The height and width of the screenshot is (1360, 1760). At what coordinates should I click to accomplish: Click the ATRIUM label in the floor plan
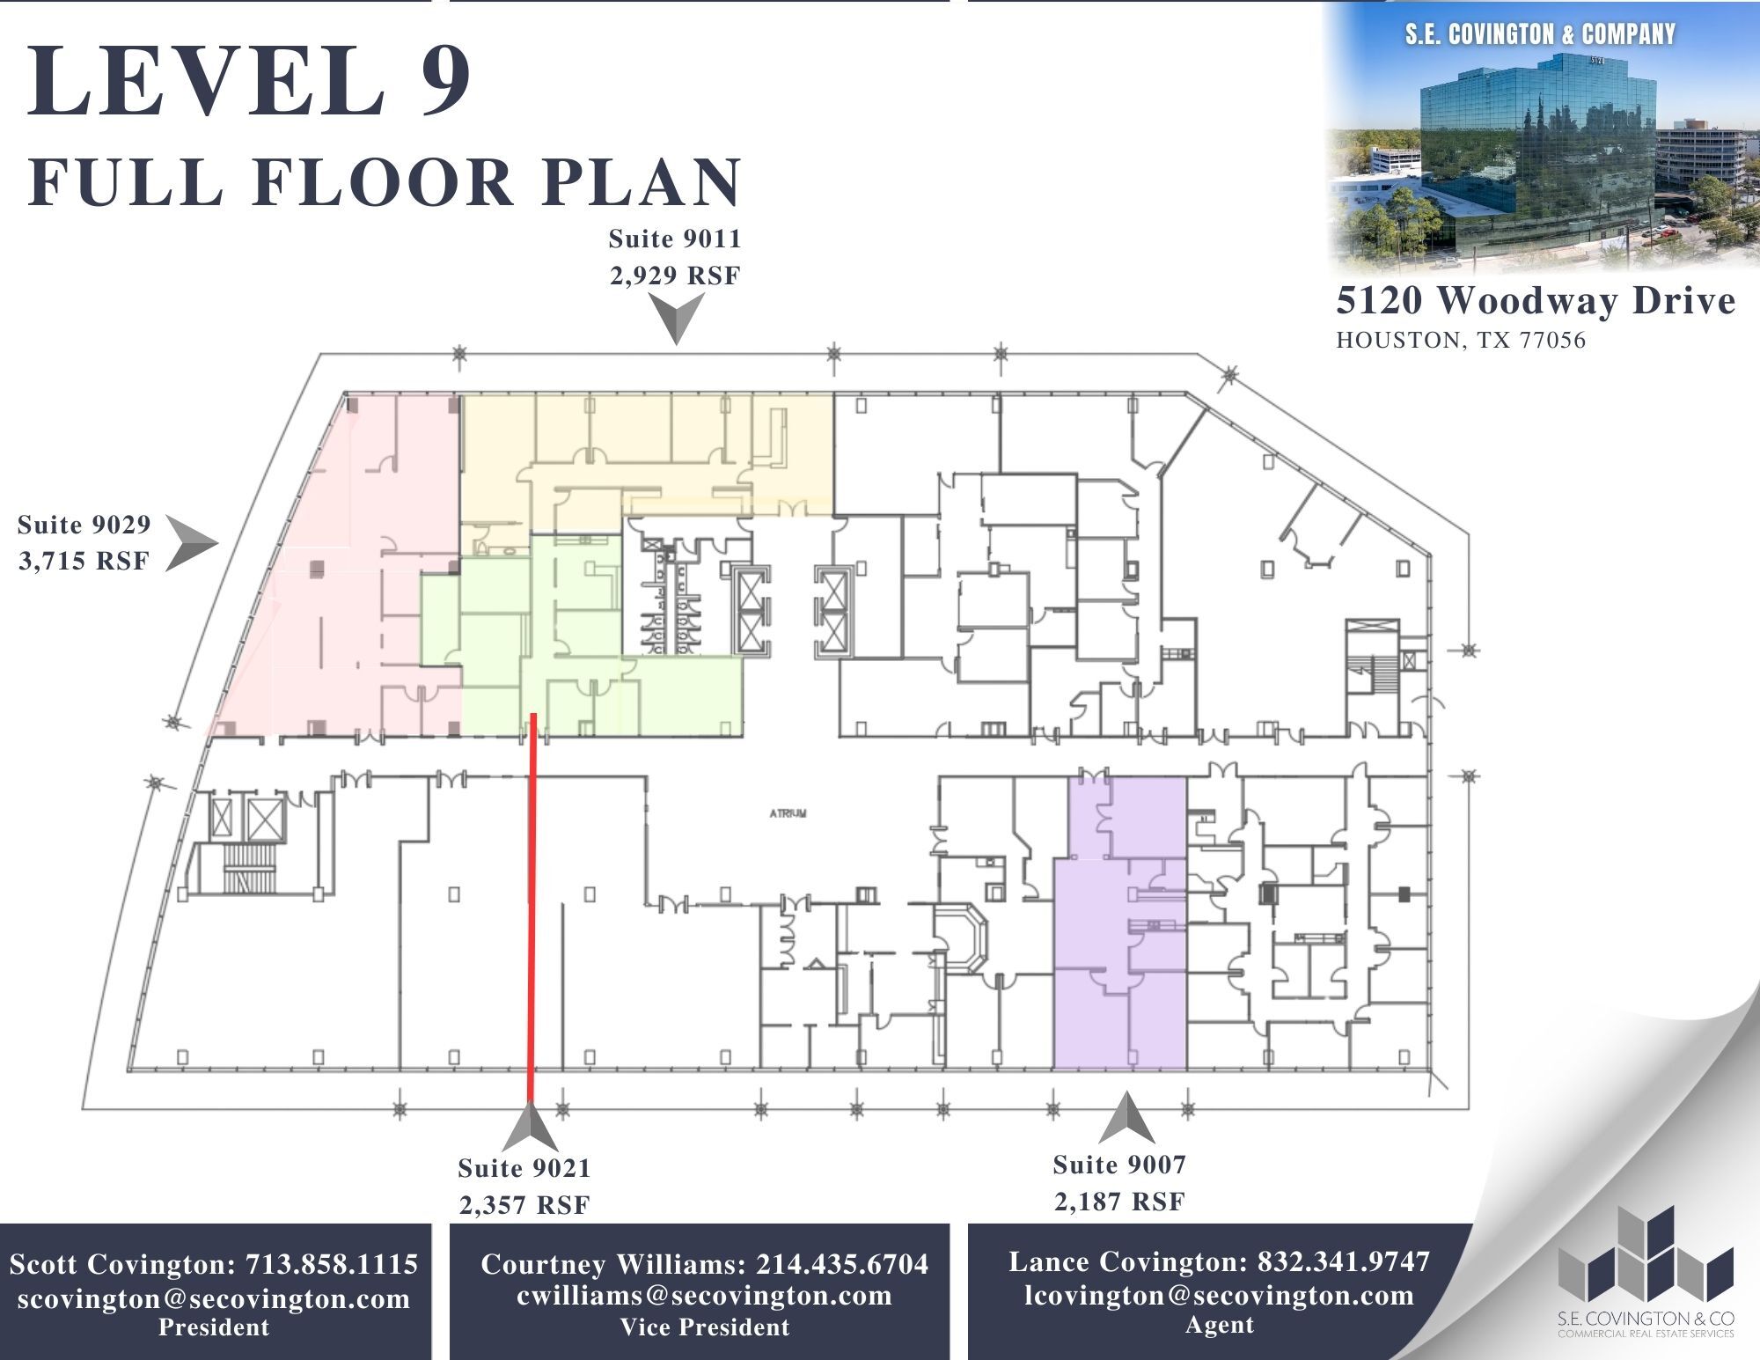point(787,813)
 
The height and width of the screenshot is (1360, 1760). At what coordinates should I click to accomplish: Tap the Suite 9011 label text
point(675,239)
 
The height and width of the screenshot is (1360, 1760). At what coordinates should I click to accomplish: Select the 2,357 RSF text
point(524,1205)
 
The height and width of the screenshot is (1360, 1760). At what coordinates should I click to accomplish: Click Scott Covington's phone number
point(331,1264)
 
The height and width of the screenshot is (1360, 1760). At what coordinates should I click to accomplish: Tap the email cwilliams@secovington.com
point(704,1295)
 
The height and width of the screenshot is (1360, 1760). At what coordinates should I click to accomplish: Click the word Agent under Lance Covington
point(1219,1325)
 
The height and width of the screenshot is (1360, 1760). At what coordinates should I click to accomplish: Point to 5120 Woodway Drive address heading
point(1536,301)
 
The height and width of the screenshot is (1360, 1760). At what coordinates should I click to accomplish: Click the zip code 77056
point(1552,341)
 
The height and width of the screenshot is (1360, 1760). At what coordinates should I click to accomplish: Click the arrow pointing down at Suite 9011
point(678,318)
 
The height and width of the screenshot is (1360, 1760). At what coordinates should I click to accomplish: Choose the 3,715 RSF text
point(84,561)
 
